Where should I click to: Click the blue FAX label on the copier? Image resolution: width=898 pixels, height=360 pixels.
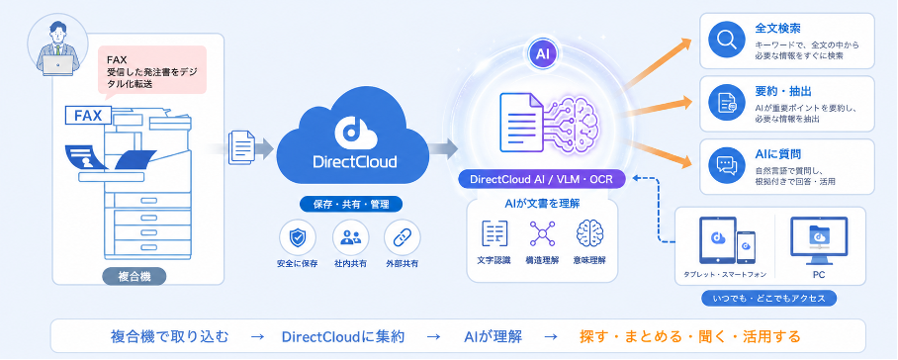(x=88, y=116)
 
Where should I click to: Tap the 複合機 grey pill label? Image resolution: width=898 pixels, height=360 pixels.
(x=135, y=277)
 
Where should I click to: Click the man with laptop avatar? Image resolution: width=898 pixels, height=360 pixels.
(x=57, y=48)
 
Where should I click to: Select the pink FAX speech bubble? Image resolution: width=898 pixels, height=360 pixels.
(x=152, y=70)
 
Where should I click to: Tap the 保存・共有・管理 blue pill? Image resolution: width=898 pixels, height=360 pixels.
(x=350, y=205)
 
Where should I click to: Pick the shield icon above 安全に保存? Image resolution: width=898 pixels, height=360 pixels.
(x=298, y=238)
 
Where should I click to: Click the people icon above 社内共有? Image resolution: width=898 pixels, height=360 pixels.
(x=350, y=238)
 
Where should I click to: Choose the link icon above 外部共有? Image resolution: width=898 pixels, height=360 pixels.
(x=403, y=238)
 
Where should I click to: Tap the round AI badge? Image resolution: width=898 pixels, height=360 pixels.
(x=542, y=54)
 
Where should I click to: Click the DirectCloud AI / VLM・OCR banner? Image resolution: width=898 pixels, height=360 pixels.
(x=542, y=179)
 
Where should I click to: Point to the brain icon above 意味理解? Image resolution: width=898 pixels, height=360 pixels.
(x=589, y=233)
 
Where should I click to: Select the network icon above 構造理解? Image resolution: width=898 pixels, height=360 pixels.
(x=542, y=233)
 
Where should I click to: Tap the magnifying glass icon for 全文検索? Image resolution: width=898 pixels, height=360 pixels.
(x=726, y=41)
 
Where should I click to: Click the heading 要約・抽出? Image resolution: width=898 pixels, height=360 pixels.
(x=774, y=92)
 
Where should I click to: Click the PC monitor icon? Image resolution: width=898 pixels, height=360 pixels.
(x=819, y=240)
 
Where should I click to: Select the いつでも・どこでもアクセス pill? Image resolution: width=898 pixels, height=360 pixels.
(x=768, y=299)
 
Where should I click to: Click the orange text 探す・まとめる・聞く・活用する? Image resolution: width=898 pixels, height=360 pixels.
(x=690, y=336)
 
